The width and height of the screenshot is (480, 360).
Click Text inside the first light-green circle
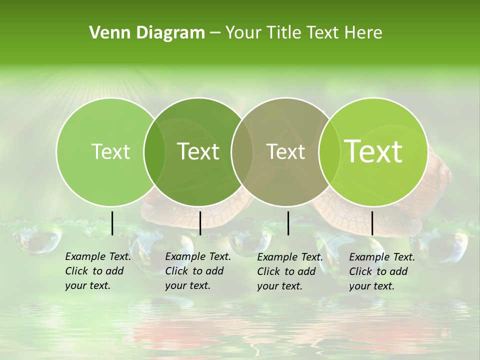[x=110, y=151]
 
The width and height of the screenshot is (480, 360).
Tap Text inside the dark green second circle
[x=198, y=151]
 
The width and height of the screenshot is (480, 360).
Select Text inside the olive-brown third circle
[x=286, y=151]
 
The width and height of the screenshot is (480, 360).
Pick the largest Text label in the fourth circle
[x=373, y=151]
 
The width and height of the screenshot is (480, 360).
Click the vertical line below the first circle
[x=112, y=223]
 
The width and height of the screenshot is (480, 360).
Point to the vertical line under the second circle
[x=200, y=223]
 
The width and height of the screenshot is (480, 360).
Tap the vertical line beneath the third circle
[x=288, y=223]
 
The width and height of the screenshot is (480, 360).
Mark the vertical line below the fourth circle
[x=372, y=223]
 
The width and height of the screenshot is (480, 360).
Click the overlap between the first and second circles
[x=154, y=151]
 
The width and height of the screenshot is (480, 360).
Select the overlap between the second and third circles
[x=242, y=151]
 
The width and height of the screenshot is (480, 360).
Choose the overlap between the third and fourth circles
[x=329, y=151]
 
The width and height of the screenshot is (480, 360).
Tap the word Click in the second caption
[x=176, y=271]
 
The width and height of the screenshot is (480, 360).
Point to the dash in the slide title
[x=215, y=33]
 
